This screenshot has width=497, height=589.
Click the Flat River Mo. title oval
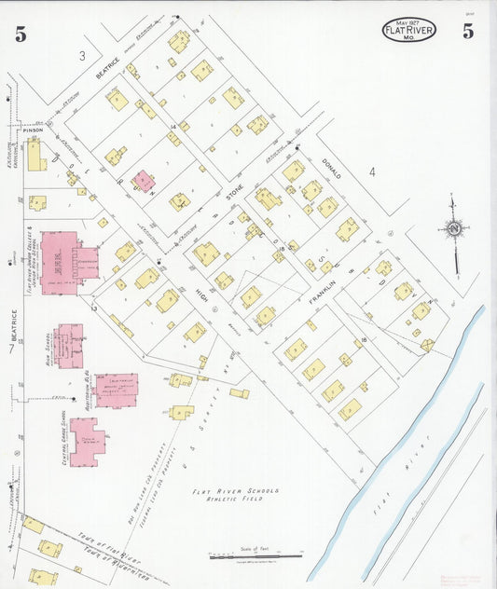[408, 31]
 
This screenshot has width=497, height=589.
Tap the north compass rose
[454, 228]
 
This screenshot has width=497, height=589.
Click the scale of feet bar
[255, 556]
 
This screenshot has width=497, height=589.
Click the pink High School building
[69, 346]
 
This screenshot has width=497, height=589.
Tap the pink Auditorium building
[115, 390]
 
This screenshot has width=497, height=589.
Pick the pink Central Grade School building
[86, 441]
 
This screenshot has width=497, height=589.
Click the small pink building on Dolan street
[143, 181]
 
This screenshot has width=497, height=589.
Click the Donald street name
[332, 168]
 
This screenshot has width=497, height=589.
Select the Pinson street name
[34, 130]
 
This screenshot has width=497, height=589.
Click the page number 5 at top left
[20, 34]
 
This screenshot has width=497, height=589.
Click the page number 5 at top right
[467, 31]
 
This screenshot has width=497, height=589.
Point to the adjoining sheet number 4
[371, 171]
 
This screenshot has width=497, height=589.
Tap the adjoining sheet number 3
[82, 57]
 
